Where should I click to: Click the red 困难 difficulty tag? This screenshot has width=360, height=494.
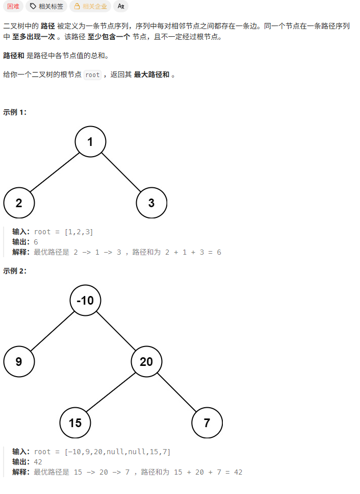pyautogui.click(x=13, y=6)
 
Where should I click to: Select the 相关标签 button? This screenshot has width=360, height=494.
pyautogui.click(x=46, y=6)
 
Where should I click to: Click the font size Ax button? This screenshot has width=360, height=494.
pyautogui.click(x=121, y=6)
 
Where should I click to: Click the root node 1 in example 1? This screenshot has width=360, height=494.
pyautogui.click(x=90, y=142)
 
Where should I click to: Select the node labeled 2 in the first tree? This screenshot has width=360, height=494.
pyautogui.click(x=19, y=203)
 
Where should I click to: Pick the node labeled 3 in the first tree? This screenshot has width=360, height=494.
pyautogui.click(x=151, y=203)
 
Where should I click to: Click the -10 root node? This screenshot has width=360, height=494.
pyautogui.click(x=85, y=301)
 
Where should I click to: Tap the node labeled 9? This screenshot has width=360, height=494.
pyautogui.click(x=19, y=362)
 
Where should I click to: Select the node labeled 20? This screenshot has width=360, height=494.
pyautogui.click(x=146, y=362)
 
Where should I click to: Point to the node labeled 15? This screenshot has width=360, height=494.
pyautogui.click(x=75, y=423)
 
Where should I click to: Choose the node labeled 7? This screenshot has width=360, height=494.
pyautogui.click(x=207, y=423)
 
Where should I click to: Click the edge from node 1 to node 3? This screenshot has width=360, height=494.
pyautogui.click(x=121, y=172)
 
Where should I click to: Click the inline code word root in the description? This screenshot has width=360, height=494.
pyautogui.click(x=92, y=75)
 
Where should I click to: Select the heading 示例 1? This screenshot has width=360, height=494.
pyautogui.click(x=15, y=112)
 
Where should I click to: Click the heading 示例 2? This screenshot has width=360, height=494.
pyautogui.click(x=15, y=271)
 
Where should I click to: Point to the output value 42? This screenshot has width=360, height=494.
pyautogui.click(x=38, y=462)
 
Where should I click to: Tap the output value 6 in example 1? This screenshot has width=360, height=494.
pyautogui.click(x=36, y=242)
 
